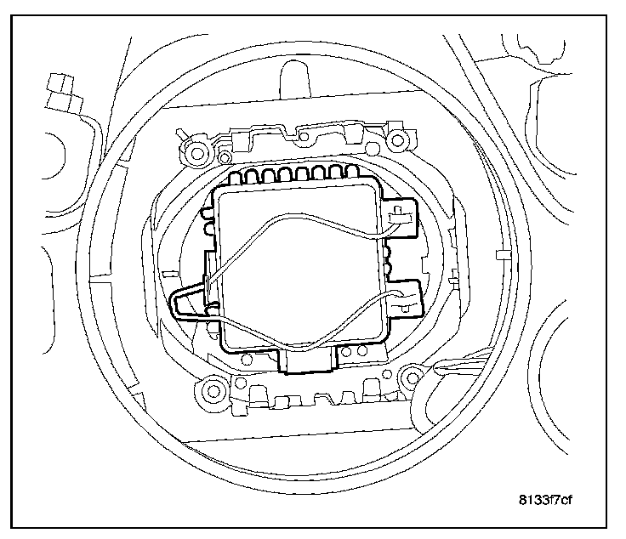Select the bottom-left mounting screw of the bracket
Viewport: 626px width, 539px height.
[x=208, y=391]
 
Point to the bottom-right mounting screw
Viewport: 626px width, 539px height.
[x=416, y=374]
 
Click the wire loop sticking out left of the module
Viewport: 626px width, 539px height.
[x=187, y=302]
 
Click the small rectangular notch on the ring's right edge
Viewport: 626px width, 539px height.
[x=503, y=255]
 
